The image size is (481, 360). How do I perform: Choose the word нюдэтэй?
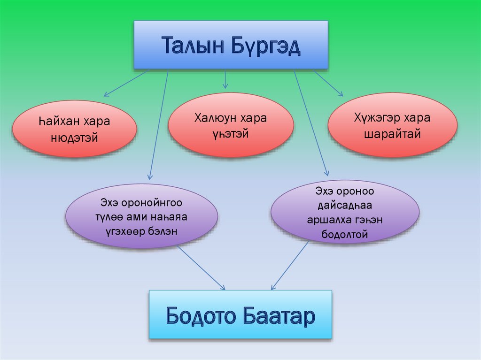tap(75, 138)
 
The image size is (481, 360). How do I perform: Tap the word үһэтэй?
tap(230, 134)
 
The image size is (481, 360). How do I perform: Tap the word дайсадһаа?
tap(345, 206)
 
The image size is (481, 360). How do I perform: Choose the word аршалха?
tap(324, 220)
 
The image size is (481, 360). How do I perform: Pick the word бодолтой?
tap(345, 234)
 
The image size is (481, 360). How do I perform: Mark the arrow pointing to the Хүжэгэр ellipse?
tap(328, 84)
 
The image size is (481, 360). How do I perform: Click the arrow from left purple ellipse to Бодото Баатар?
tap(201, 268)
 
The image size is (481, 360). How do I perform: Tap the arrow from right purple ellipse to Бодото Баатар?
tap(290, 266)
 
